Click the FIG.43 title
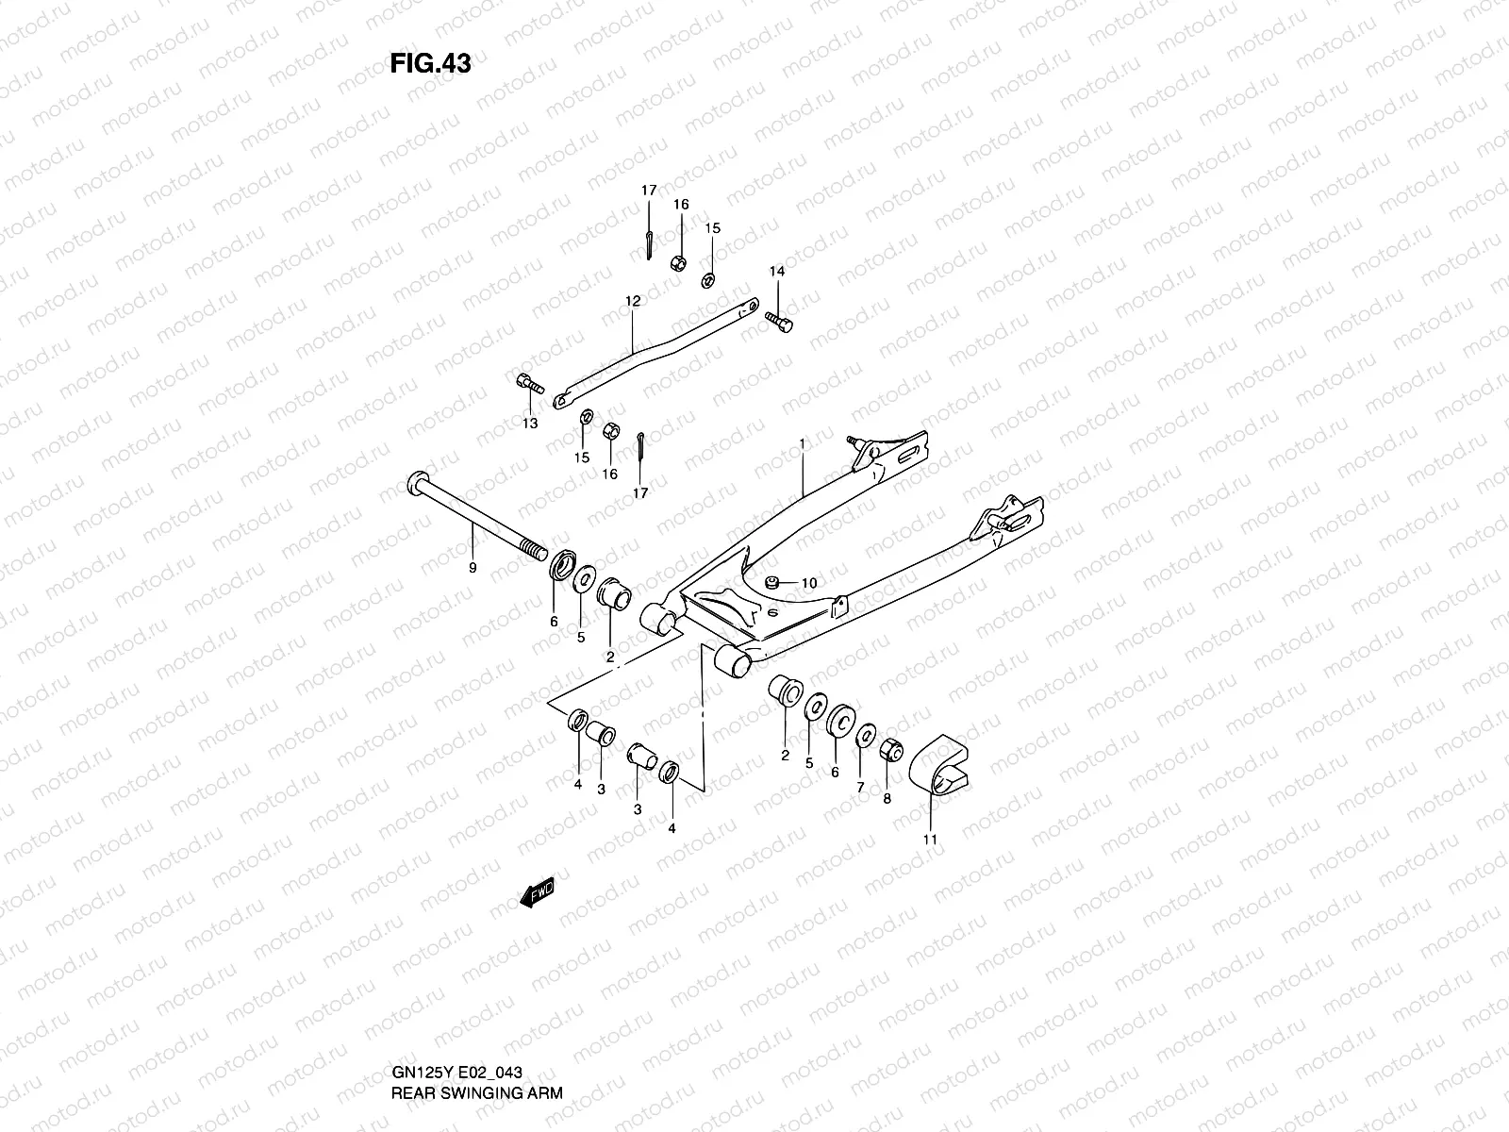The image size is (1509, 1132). [430, 63]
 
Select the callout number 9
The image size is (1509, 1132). [473, 568]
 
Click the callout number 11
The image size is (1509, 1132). [930, 838]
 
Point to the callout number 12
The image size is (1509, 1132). [632, 301]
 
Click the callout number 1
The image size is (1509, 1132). [803, 443]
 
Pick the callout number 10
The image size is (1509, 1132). [808, 583]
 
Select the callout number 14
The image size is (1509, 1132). [776, 272]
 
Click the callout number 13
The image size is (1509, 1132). [530, 424]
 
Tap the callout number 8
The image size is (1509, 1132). [886, 797]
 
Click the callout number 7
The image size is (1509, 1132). [859, 786]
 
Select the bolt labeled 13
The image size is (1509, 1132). [530, 384]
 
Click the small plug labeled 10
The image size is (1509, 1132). [771, 582]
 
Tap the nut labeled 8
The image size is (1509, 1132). [890, 751]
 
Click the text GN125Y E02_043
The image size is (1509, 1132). [456, 1074]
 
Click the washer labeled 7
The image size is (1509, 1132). [866, 737]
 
